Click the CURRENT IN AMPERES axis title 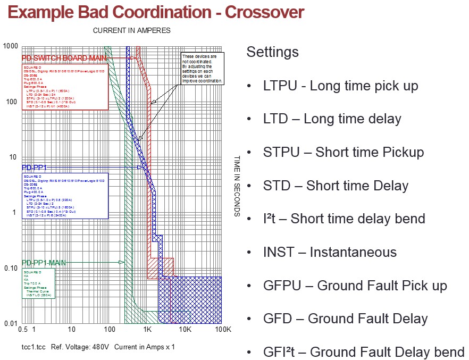tap(131, 30)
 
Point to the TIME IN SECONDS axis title tap(238, 186)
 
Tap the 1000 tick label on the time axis tap(11, 46)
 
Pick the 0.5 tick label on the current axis tap(22, 330)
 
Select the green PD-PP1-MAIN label tap(47, 263)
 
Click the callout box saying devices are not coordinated tap(203, 68)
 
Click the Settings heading tap(272, 52)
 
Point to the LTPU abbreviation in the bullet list tap(278, 86)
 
